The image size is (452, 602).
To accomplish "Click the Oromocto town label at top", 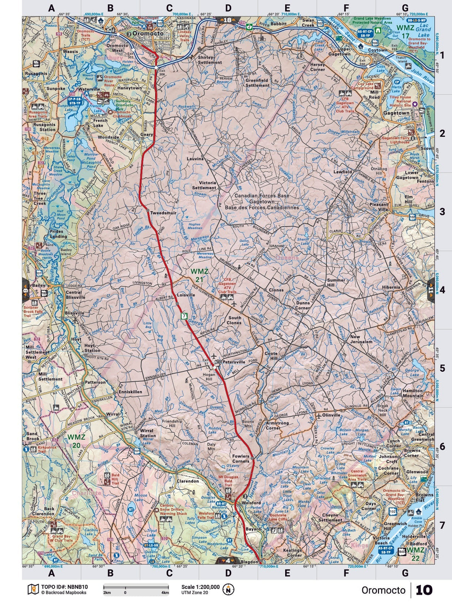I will pyautogui.click(x=146, y=33).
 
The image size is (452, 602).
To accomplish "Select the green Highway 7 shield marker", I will pyautogui.click(x=183, y=316).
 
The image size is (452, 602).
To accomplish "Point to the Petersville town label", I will pyautogui.click(x=234, y=361).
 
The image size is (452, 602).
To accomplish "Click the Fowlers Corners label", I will pyautogui.click(x=241, y=459).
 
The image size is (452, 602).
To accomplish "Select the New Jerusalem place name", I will pyautogui.click(x=361, y=339).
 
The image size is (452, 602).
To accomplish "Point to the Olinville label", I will pyautogui.click(x=331, y=414).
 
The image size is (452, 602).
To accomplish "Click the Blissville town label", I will pyautogui.click(x=74, y=313).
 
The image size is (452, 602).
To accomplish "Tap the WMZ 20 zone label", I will pyautogui.click(x=76, y=439).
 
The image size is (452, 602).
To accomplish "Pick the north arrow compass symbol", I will pyautogui.click(x=228, y=589).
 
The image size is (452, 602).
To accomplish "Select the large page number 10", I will pyautogui.click(x=424, y=590).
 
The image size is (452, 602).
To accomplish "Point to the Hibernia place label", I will pyautogui.click(x=391, y=287).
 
